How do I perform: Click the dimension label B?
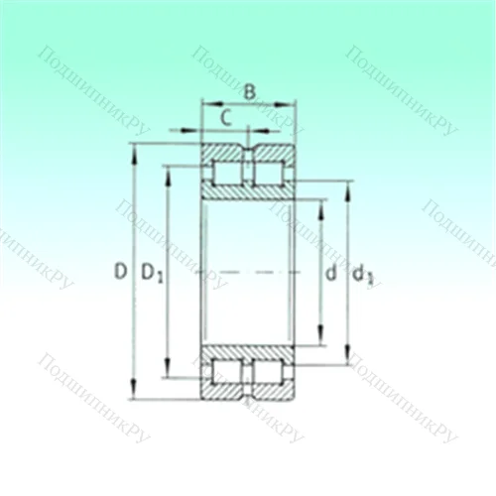(x=250, y=92)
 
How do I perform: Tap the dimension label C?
(x=226, y=117)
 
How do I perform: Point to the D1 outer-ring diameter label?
(x=151, y=272)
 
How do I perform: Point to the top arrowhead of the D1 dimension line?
(x=168, y=170)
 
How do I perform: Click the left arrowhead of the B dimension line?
(x=206, y=102)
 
